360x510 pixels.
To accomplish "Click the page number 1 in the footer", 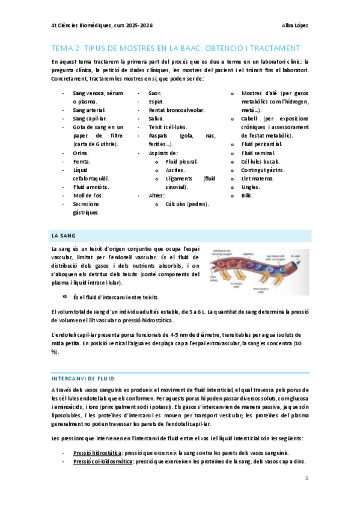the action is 307,478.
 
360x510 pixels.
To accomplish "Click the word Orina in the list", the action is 80,153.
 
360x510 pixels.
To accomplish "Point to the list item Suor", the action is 154,94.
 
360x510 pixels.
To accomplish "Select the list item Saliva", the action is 156,119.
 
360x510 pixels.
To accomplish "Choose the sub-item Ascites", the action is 175,170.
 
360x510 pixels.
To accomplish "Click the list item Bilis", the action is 247,195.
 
